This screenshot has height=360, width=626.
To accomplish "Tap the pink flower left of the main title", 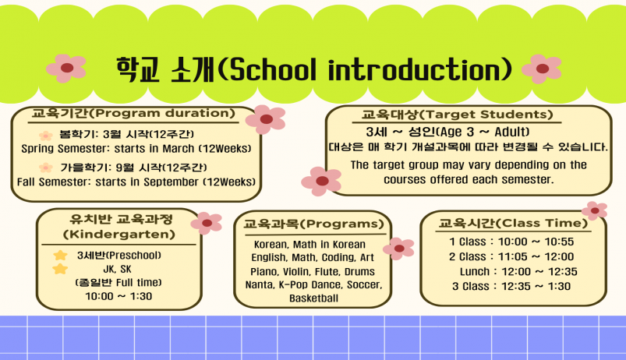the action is pos(66,69).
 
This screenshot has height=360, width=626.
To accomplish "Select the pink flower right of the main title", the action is pos(542,69).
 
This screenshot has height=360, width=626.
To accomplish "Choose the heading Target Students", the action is pos(488,115).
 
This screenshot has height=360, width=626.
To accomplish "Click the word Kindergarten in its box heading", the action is pos(119,235).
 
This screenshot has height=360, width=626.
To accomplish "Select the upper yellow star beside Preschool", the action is pos(60,255).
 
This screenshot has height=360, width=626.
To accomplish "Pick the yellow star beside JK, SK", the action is pos(60,269).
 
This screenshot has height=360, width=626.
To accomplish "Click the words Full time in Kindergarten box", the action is pos(136,283).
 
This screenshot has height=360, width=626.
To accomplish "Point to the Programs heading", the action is pos(342,224).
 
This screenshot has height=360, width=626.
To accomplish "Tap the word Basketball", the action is pos(314,298).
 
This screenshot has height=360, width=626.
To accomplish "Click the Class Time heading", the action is pos(541,223).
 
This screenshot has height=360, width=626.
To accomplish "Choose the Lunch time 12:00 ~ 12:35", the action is pos(539,272).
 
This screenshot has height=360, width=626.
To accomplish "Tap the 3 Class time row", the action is pos(511,286).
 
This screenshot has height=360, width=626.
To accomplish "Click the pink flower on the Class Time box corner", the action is pos(595,210).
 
